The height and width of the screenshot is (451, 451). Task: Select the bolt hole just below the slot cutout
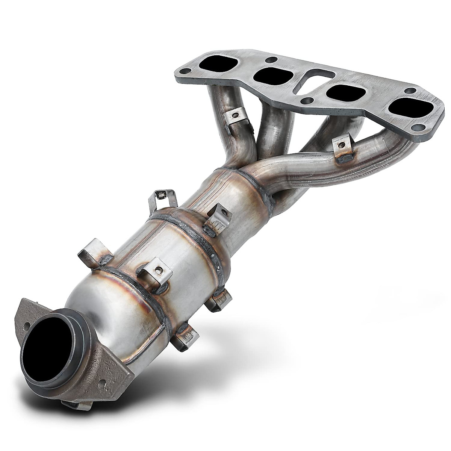tap(308, 100)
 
